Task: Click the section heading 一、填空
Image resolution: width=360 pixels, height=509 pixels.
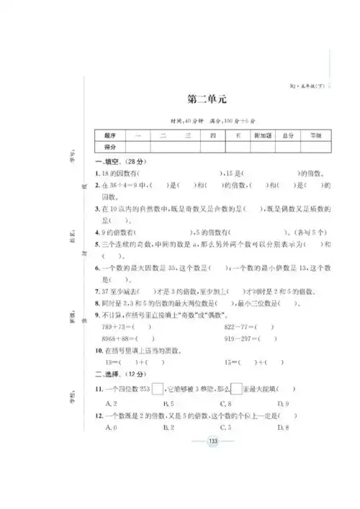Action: coord(112,163)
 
